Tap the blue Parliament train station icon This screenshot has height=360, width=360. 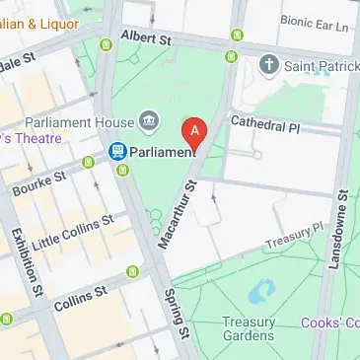tap(117, 151)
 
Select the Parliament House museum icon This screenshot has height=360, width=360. tap(150, 121)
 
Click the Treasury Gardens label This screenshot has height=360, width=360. tap(248, 328)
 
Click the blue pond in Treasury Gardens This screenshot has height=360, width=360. tap(262, 291)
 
